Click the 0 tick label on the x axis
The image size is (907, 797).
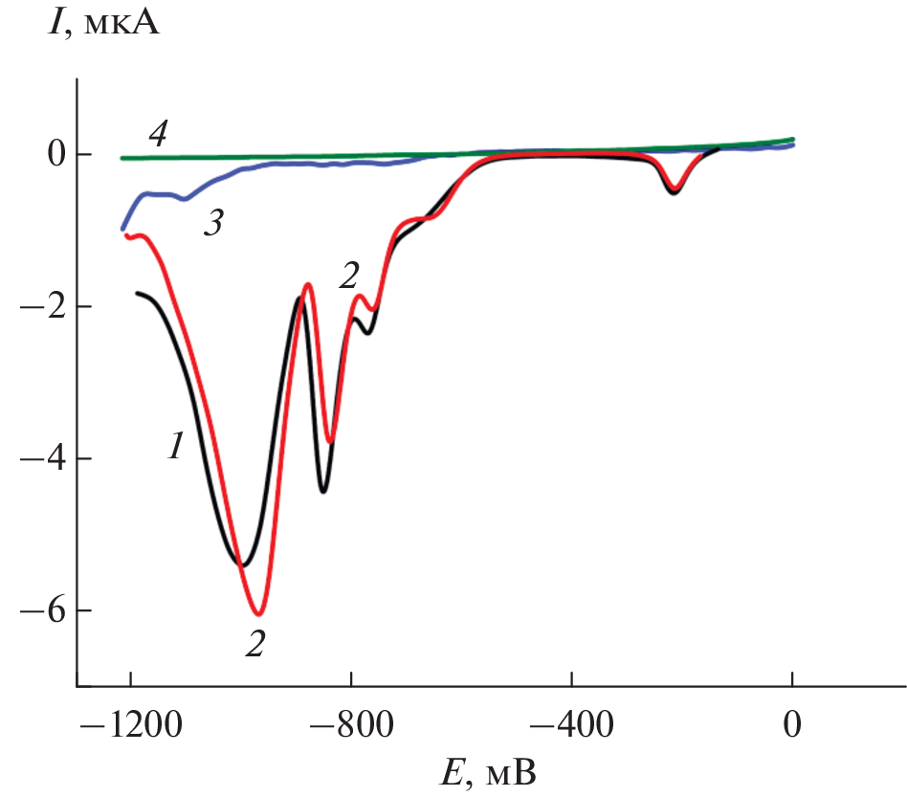792,723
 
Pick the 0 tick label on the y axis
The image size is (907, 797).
56,155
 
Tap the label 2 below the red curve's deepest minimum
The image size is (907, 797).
254,643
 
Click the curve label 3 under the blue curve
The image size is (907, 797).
212,226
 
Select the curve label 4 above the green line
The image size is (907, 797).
158,133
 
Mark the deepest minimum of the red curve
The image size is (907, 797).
258,613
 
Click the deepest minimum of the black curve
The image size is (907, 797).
243,566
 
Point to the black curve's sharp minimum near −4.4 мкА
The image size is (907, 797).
323,491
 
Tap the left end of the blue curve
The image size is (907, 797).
122,229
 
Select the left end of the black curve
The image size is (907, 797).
138,293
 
